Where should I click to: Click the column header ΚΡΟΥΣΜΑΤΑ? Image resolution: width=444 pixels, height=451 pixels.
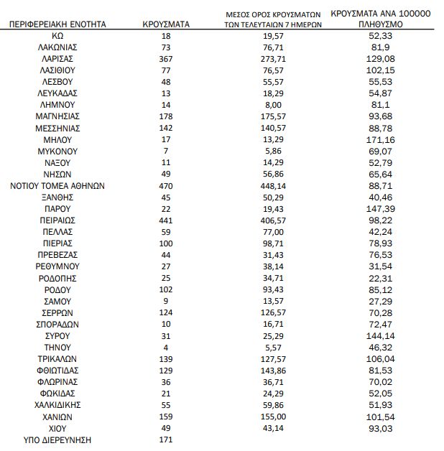coord(167,24)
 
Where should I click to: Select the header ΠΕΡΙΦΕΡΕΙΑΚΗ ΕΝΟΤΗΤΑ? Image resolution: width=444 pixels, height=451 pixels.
coord(57,24)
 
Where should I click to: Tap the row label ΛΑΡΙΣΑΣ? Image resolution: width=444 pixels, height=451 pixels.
coord(57,58)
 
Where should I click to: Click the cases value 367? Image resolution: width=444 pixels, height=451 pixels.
coord(167,58)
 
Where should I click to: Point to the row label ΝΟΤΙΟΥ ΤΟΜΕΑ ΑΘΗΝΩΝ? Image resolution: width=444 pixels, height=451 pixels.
coord(57,185)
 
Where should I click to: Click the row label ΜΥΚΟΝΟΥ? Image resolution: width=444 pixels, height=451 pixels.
coord(57,151)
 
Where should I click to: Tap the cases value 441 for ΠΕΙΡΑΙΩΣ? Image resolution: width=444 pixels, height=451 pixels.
coord(167,220)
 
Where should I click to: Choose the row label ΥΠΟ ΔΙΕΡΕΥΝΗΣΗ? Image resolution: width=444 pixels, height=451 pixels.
coord(57,440)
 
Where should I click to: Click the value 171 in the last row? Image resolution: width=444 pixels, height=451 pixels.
coord(167,440)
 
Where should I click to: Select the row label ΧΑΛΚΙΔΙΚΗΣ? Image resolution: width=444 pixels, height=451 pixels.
coord(57,405)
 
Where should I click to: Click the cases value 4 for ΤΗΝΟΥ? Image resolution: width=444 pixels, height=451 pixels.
coord(167,347)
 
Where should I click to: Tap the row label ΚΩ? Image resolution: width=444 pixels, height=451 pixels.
coord(57,35)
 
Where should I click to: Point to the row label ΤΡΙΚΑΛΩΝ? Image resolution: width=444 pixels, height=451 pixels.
coord(57,358)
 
